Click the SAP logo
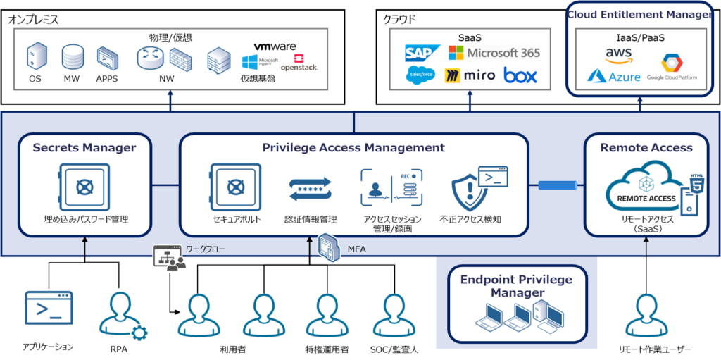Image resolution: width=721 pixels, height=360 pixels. (x=422, y=52)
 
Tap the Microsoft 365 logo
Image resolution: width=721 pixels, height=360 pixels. (x=494, y=53)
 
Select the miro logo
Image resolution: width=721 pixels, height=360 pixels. (x=470, y=75)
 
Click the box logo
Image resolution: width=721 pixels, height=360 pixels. (x=520, y=75)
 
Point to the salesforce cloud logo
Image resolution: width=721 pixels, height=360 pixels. (x=420, y=75)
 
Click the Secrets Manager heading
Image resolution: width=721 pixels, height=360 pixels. (x=84, y=148)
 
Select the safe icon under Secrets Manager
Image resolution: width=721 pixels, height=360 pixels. (x=84, y=187)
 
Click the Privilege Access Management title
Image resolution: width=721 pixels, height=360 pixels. (x=353, y=148)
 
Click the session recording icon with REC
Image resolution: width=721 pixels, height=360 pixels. (x=392, y=187)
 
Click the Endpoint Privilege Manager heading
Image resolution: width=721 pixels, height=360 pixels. (x=517, y=285)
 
